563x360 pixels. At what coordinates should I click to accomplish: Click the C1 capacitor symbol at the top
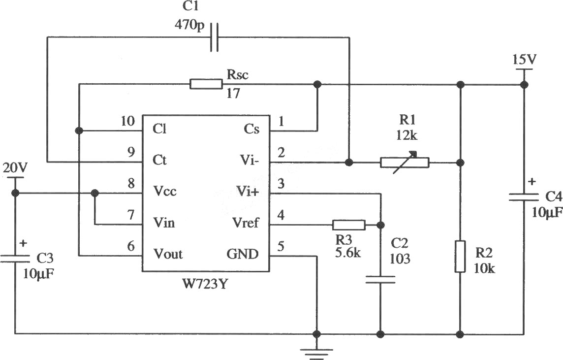(x=215, y=37)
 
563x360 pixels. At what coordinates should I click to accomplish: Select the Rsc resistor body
(x=206, y=84)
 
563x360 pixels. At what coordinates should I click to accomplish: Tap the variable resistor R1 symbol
(x=405, y=163)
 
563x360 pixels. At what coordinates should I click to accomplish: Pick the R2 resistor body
(x=460, y=257)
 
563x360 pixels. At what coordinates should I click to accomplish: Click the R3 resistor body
(x=349, y=225)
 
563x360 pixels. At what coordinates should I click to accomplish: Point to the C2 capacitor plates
(x=380, y=280)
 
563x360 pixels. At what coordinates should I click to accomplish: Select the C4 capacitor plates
(x=524, y=197)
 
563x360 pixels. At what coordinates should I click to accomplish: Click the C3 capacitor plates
(x=15, y=259)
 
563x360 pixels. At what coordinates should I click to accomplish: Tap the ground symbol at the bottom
(x=316, y=354)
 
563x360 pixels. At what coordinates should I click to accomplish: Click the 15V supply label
(x=524, y=59)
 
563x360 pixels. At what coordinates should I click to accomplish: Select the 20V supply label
(x=15, y=167)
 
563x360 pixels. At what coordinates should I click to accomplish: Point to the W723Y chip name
(x=205, y=284)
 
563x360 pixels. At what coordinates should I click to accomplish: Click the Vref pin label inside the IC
(x=246, y=223)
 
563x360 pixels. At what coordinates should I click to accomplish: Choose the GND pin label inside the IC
(x=242, y=254)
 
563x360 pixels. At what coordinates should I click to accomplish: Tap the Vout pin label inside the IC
(x=168, y=254)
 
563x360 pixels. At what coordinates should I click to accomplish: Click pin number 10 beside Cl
(x=128, y=121)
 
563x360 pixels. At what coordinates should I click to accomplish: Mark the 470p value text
(x=189, y=25)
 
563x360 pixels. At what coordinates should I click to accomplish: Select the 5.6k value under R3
(x=348, y=253)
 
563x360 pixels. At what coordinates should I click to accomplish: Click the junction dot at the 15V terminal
(x=524, y=85)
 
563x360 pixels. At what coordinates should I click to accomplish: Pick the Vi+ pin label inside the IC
(x=247, y=191)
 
